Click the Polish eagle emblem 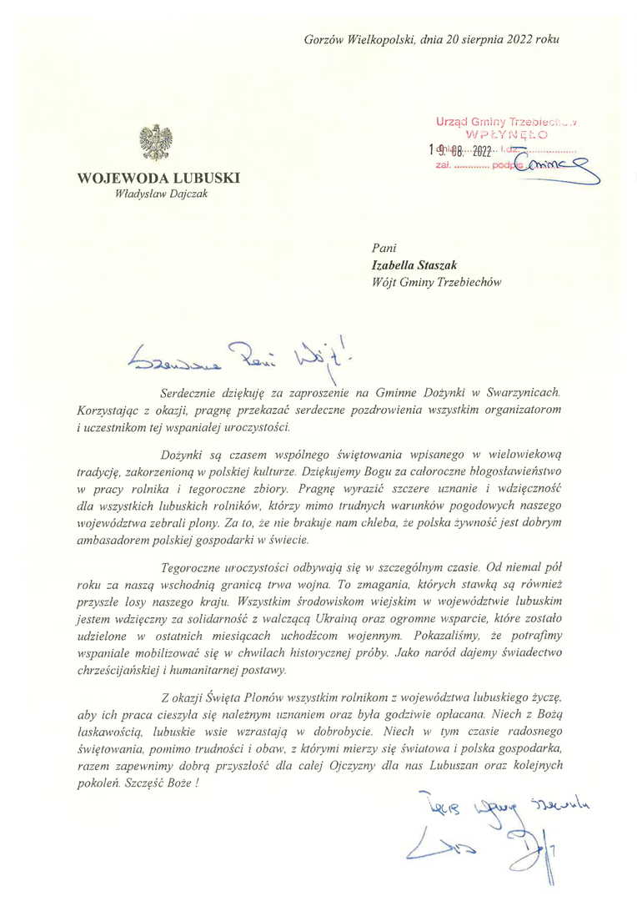click(x=156, y=143)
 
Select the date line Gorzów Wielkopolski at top click(x=431, y=38)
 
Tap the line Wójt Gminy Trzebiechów click(x=436, y=282)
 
